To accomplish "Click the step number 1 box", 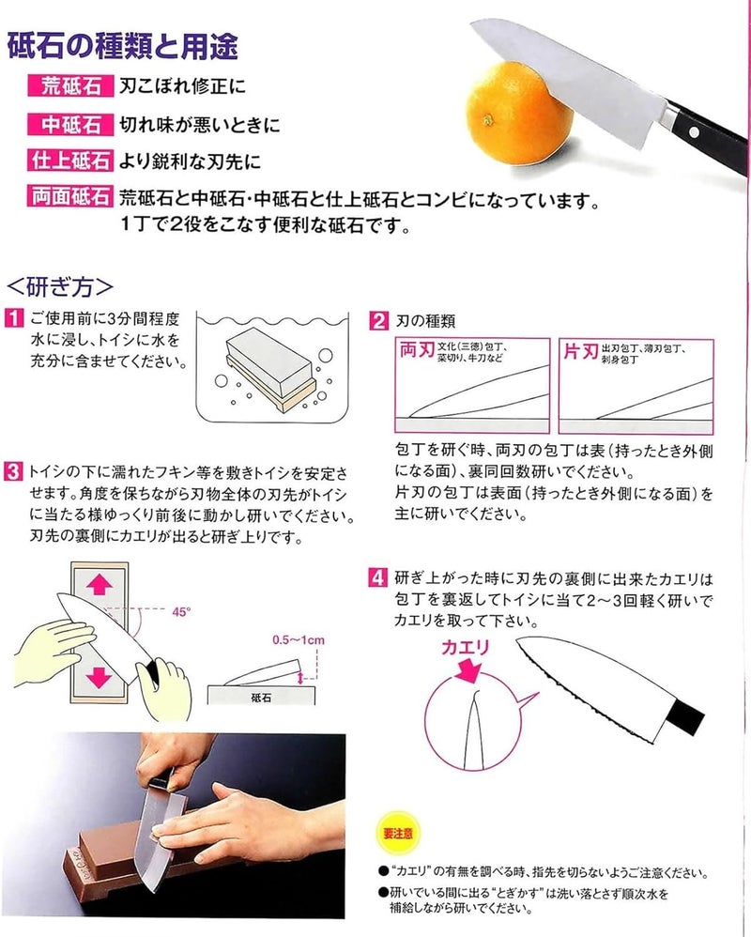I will (14, 320).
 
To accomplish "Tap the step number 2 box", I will (378, 320).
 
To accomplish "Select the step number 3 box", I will (14, 470).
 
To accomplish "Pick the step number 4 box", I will (378, 578).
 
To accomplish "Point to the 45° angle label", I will (181, 611).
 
